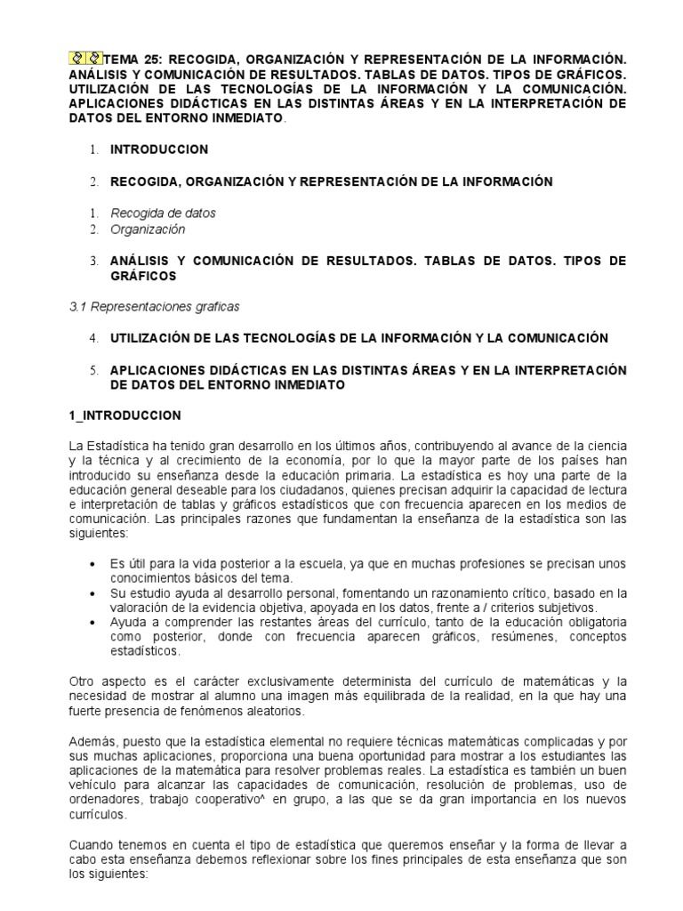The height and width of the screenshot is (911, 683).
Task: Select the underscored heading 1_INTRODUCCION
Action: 125,415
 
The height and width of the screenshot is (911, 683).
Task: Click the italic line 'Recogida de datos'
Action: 163,214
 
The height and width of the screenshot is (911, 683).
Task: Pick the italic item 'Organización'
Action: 148,230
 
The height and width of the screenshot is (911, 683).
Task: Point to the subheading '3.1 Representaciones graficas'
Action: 154,307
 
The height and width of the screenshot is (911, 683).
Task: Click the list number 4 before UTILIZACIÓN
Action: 93,338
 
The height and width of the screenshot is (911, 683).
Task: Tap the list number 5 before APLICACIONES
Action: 93,370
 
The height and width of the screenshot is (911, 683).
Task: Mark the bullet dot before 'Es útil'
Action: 95,565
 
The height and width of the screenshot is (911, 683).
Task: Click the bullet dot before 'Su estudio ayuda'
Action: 95,593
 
